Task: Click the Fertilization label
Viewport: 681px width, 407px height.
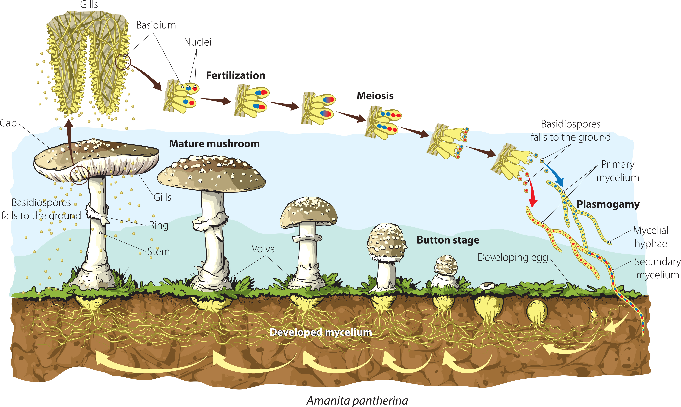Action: coord(235,75)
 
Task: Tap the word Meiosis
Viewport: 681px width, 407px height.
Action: coord(375,96)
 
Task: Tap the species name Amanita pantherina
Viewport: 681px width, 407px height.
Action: coord(357,400)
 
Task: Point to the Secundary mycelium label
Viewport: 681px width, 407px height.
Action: coord(657,268)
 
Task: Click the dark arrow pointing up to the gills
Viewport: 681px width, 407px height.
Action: coord(69,143)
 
